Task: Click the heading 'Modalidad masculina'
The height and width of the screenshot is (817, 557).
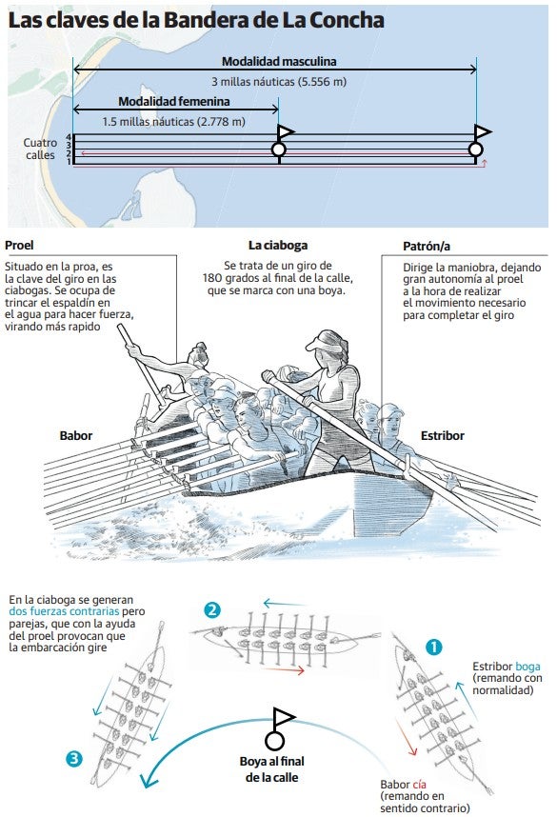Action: pyautogui.click(x=279, y=62)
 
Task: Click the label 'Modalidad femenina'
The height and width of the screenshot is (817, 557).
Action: pyautogui.click(x=174, y=101)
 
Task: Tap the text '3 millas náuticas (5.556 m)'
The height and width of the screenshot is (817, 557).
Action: pyautogui.click(x=279, y=81)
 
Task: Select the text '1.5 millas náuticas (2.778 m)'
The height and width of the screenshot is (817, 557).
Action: pyautogui.click(x=173, y=122)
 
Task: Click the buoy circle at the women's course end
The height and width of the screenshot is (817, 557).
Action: pyautogui.click(x=279, y=150)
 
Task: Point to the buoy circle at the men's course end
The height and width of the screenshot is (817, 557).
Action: pyautogui.click(x=476, y=150)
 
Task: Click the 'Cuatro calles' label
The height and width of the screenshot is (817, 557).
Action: pyautogui.click(x=40, y=149)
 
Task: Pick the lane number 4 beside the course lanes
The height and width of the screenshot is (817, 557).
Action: pyautogui.click(x=69, y=137)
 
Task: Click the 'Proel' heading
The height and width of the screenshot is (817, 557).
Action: pyautogui.click(x=19, y=246)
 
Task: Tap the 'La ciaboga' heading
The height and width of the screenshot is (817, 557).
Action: pyautogui.click(x=278, y=246)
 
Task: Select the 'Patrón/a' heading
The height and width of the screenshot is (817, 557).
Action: pyautogui.click(x=427, y=247)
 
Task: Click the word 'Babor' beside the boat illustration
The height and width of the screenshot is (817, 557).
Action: pyautogui.click(x=76, y=435)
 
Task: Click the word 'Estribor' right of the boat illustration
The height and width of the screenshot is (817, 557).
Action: pyautogui.click(x=443, y=435)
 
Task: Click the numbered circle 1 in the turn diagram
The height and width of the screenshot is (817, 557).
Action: pyautogui.click(x=433, y=648)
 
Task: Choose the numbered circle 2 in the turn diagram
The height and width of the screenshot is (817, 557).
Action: pyautogui.click(x=212, y=610)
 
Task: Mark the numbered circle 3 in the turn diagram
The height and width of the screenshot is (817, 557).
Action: pyautogui.click(x=74, y=758)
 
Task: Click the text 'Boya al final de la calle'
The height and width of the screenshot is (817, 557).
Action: pyautogui.click(x=272, y=769)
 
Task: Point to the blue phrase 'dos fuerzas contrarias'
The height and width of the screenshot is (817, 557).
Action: pyautogui.click(x=64, y=611)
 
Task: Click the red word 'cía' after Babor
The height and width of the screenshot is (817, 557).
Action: pyautogui.click(x=420, y=785)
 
